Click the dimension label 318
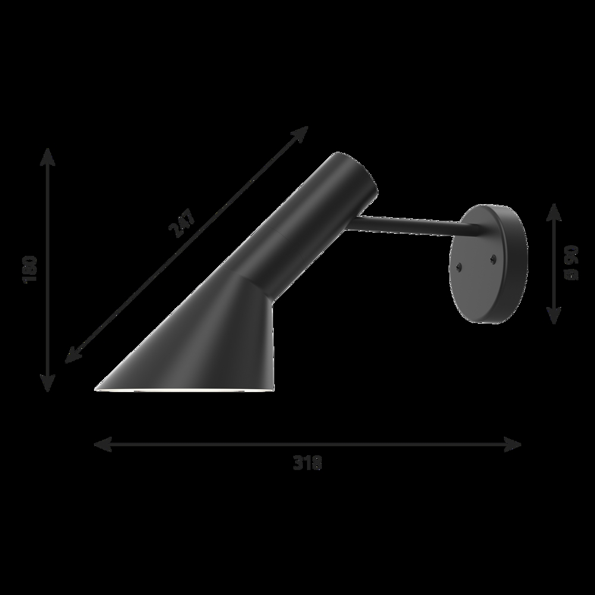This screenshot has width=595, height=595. [x=308, y=462]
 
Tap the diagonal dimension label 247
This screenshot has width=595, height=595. [x=183, y=224]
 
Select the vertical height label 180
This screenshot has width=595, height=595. [x=30, y=269]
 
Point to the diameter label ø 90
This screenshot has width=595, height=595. [x=571, y=262]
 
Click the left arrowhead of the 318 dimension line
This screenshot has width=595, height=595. [x=102, y=444]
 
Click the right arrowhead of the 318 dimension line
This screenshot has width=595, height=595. [x=512, y=444]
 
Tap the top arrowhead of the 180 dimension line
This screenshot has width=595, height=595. [x=48, y=156]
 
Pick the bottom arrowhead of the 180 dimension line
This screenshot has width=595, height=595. [x=48, y=383]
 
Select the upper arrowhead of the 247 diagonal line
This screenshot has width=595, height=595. [x=300, y=133]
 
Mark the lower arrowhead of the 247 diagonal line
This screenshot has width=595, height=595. [x=73, y=355]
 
